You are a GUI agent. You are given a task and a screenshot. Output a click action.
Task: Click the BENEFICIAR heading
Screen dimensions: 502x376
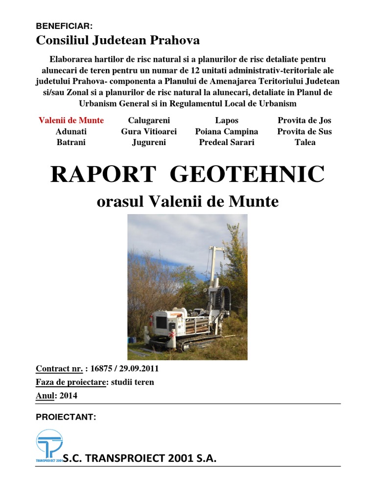[x=64, y=26]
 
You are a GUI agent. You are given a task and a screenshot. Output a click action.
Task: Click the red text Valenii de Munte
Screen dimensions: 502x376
[x=71, y=120]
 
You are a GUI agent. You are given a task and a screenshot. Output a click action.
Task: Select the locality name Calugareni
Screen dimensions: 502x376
[x=149, y=120]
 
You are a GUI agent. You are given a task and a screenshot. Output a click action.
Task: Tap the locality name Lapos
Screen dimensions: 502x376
[x=226, y=120]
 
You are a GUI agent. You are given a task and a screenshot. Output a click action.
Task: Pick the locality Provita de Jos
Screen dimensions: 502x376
[x=304, y=120]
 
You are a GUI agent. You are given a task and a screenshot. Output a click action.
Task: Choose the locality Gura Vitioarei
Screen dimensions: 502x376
[x=149, y=131]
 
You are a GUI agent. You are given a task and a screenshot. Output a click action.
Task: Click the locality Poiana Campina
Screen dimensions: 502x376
[x=226, y=131]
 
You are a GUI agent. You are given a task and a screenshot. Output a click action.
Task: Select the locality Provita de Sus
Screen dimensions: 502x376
[x=304, y=131]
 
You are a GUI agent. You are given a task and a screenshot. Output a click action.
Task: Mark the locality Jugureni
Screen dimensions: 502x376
[x=149, y=142]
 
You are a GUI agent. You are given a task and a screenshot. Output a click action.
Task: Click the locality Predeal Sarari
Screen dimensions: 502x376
[x=226, y=142]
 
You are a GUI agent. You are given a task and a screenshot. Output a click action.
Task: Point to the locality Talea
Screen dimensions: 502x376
[x=304, y=142]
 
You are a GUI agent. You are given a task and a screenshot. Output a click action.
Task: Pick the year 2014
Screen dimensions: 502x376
[x=69, y=396]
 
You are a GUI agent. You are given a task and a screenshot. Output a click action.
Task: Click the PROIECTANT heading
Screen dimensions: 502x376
[x=66, y=417]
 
